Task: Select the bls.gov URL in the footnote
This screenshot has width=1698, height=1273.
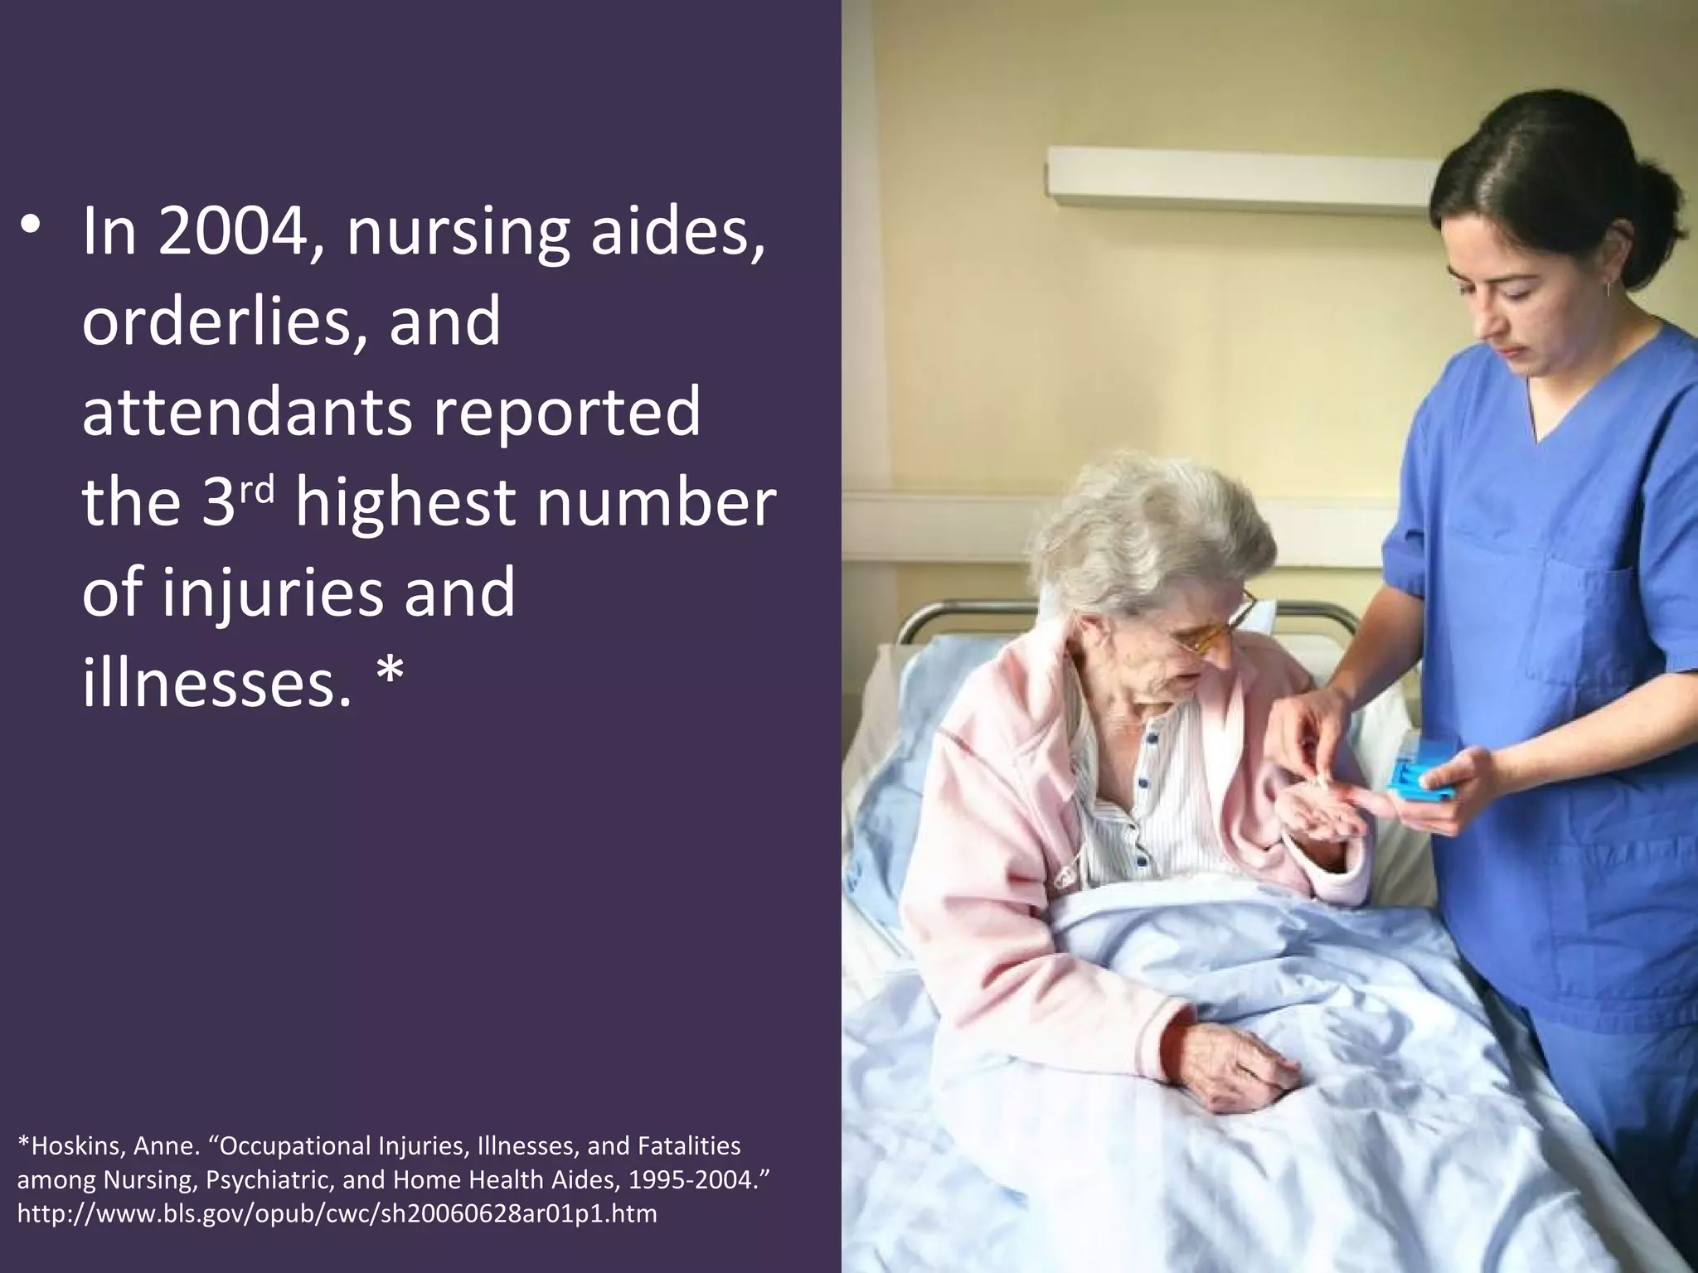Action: pos(337,1213)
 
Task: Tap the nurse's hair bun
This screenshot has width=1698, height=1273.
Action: pos(1658,199)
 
